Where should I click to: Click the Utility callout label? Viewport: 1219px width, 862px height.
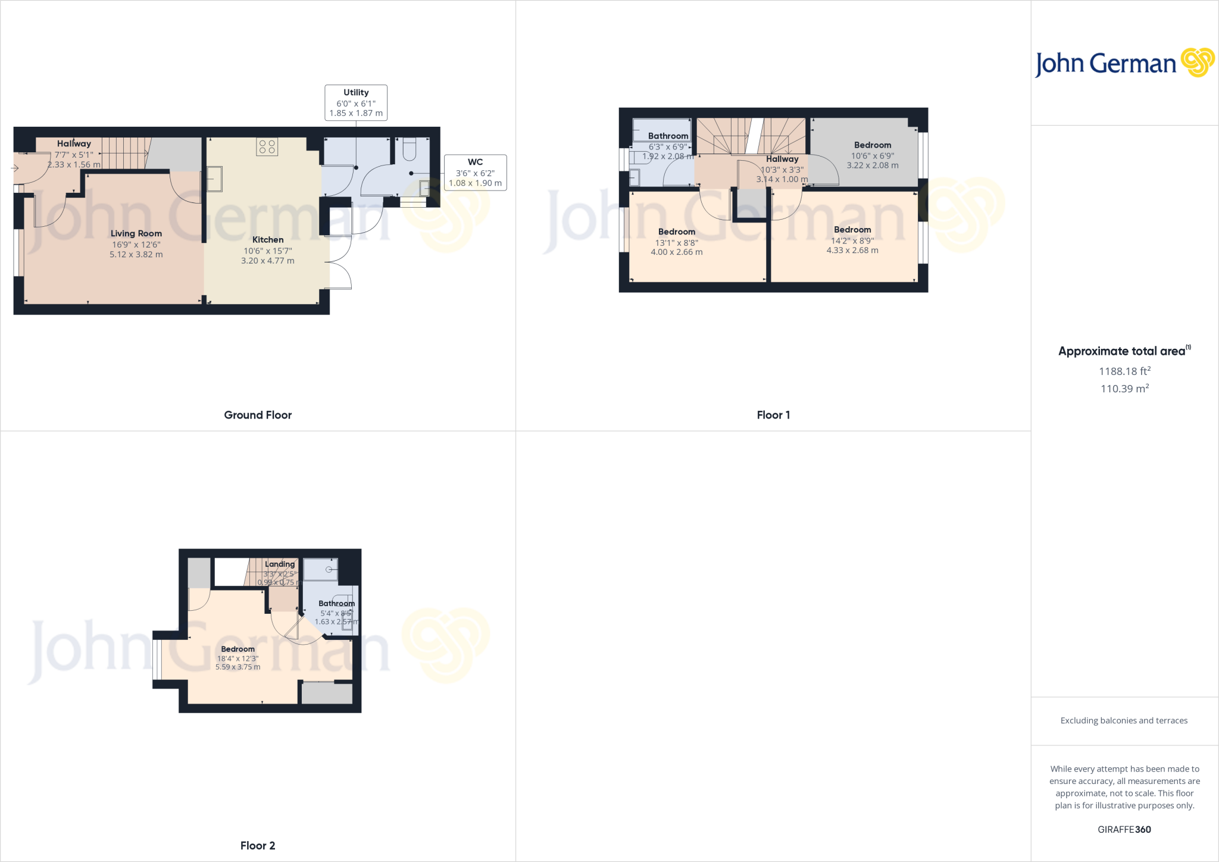click(x=356, y=102)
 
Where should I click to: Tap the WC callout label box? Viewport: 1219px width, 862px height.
click(x=475, y=173)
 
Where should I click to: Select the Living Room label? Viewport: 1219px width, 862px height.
click(x=136, y=233)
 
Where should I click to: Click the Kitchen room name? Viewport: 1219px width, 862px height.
click(x=268, y=240)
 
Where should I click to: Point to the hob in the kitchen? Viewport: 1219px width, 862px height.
click(x=267, y=146)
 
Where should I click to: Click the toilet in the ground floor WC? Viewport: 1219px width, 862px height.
click(x=410, y=149)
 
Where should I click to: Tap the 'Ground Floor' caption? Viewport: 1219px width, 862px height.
click(x=258, y=415)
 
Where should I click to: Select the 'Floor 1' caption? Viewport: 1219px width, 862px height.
click(x=773, y=415)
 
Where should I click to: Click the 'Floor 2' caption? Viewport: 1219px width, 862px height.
click(x=258, y=845)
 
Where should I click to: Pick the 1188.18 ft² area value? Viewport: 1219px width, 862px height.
click(x=1124, y=371)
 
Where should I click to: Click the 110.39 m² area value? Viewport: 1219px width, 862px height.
click(x=1124, y=389)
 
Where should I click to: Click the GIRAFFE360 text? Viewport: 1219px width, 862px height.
click(x=1124, y=829)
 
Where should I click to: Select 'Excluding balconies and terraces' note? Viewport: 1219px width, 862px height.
click(x=1124, y=720)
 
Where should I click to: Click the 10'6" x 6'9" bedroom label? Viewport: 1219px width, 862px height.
click(x=873, y=155)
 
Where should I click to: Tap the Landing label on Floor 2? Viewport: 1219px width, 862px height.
click(x=280, y=564)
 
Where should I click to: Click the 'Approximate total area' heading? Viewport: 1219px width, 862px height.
click(x=1122, y=351)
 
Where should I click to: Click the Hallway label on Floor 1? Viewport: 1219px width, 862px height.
click(x=782, y=159)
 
